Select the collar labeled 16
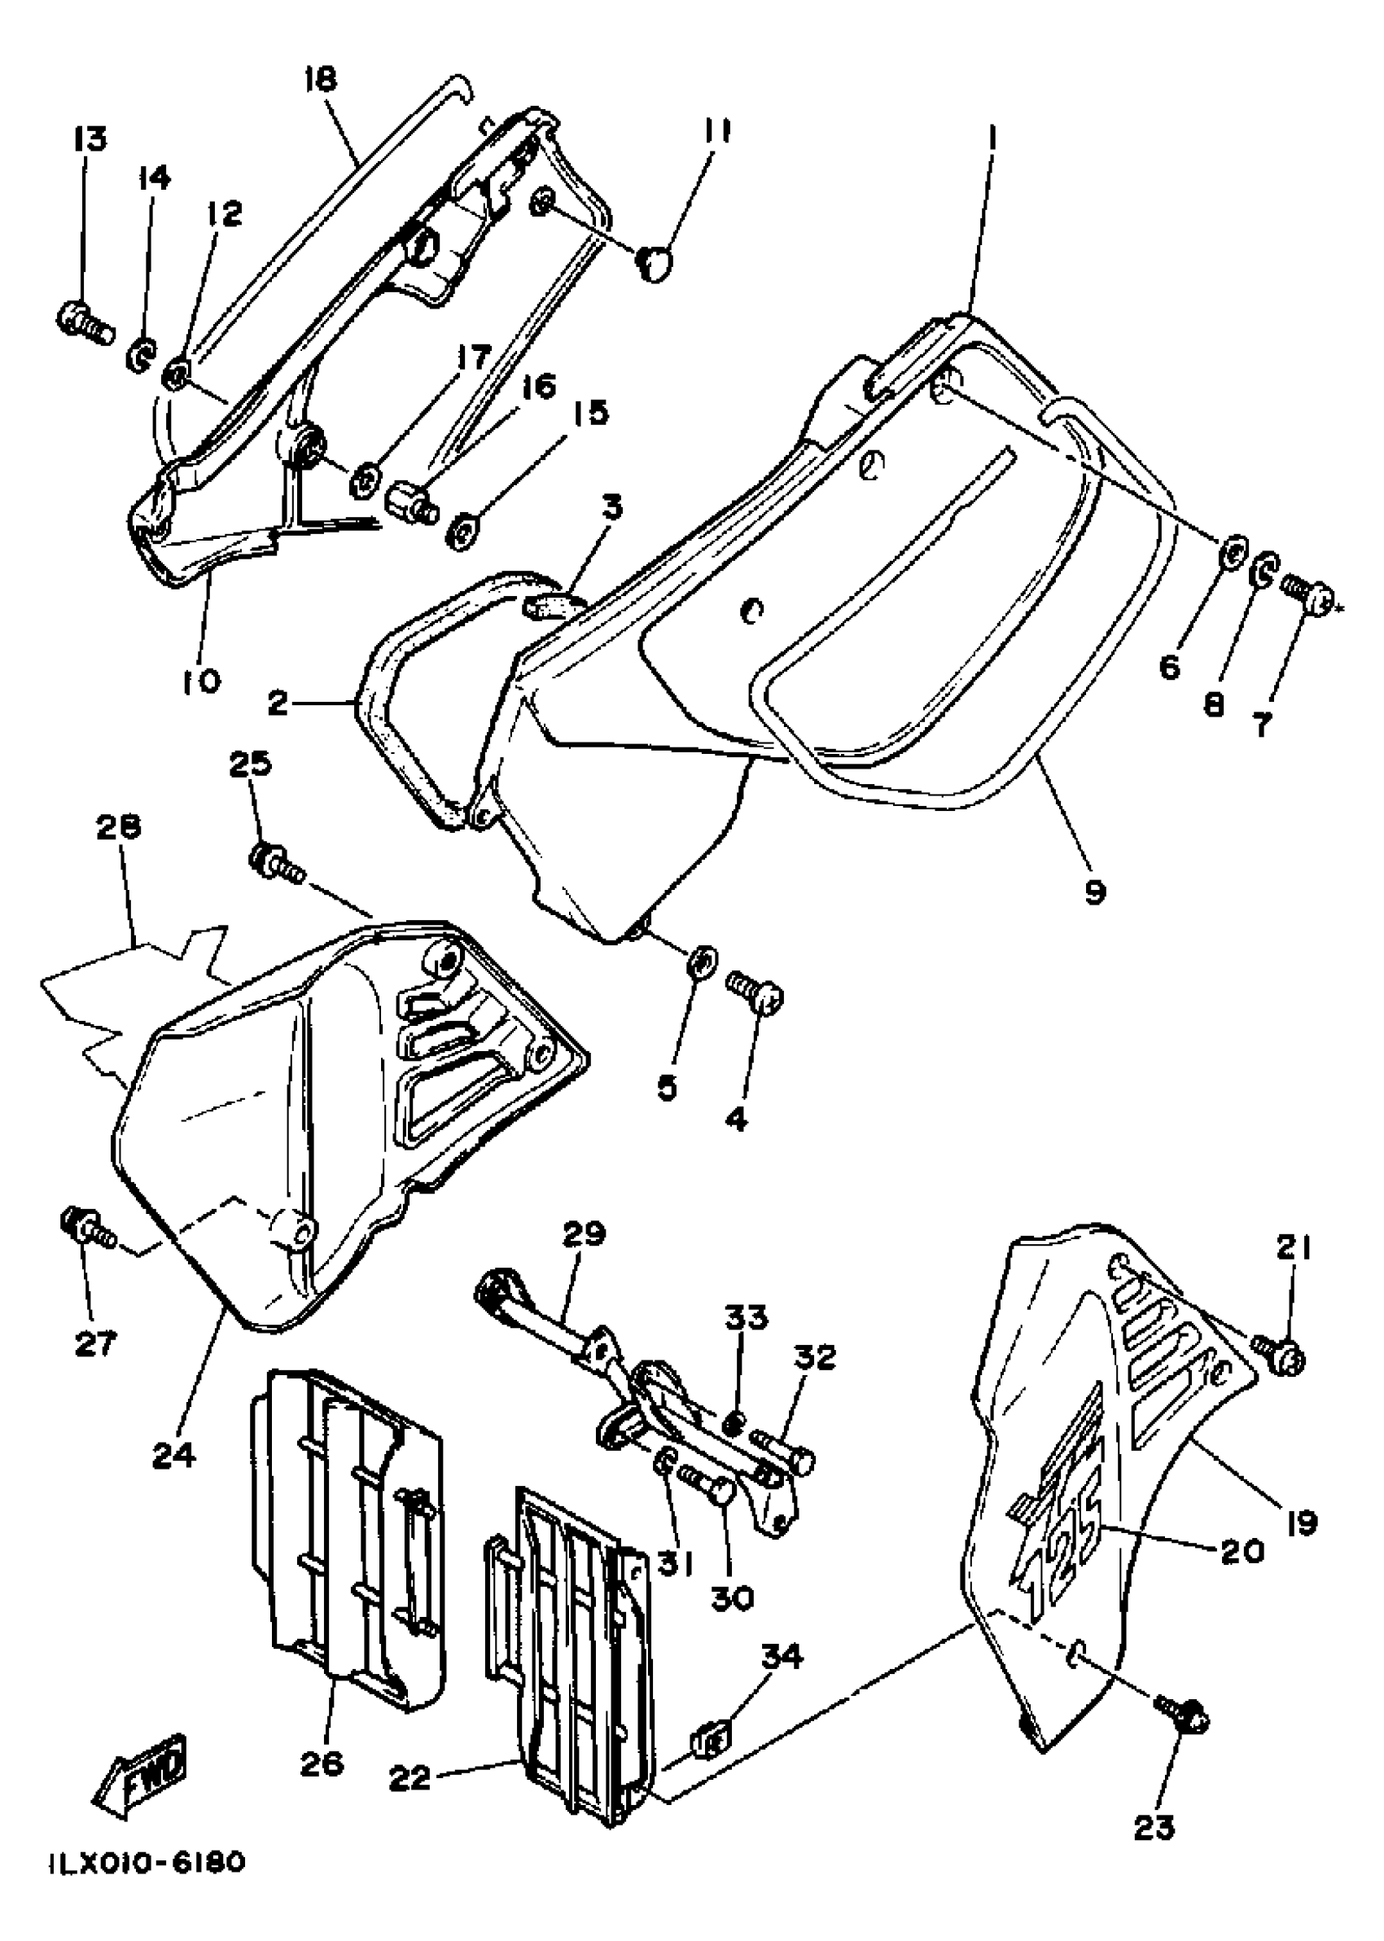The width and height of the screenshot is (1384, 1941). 411,502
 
